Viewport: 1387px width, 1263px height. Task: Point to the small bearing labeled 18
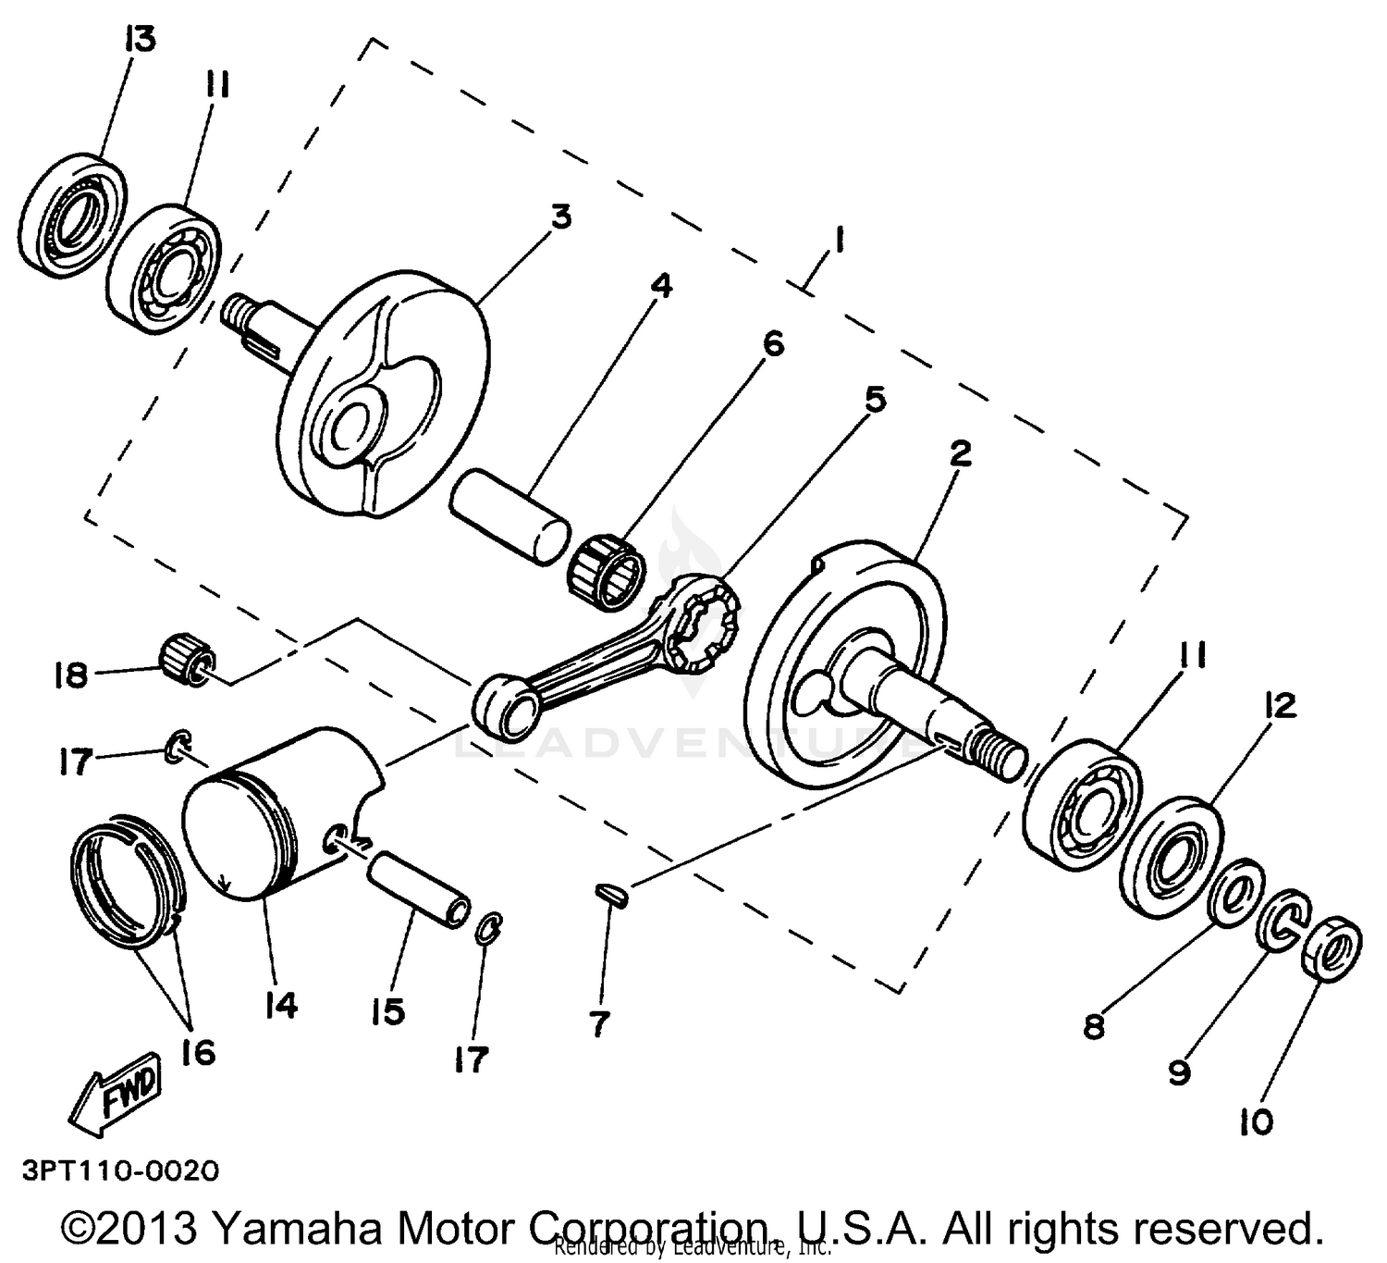[x=189, y=659]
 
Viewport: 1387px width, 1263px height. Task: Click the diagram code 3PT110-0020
[x=121, y=1171]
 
